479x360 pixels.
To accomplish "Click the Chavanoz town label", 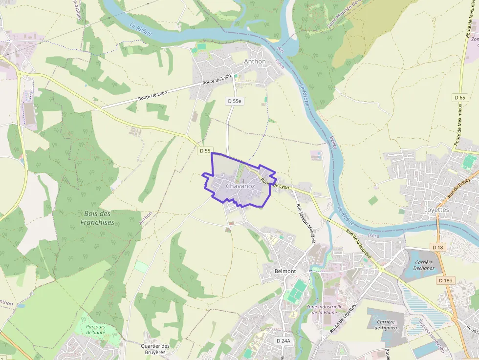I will (x=240, y=186).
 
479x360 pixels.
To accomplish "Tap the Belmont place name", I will (x=286, y=271).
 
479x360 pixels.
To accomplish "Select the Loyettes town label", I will (x=435, y=210).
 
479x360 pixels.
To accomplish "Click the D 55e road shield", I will (x=235, y=101).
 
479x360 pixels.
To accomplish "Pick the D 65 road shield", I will (x=459, y=97).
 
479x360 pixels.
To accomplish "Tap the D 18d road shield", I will (x=445, y=280).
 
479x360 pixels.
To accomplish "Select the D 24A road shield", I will (x=283, y=340).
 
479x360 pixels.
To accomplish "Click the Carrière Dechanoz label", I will (x=424, y=265).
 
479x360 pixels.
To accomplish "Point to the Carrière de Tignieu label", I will (x=385, y=324).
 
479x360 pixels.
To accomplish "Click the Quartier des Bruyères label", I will (x=155, y=349).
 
